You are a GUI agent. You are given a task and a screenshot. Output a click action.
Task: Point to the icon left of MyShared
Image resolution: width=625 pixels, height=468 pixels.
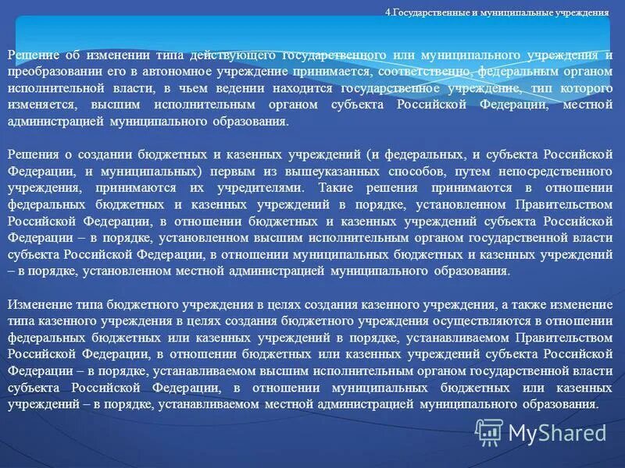[490, 431]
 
